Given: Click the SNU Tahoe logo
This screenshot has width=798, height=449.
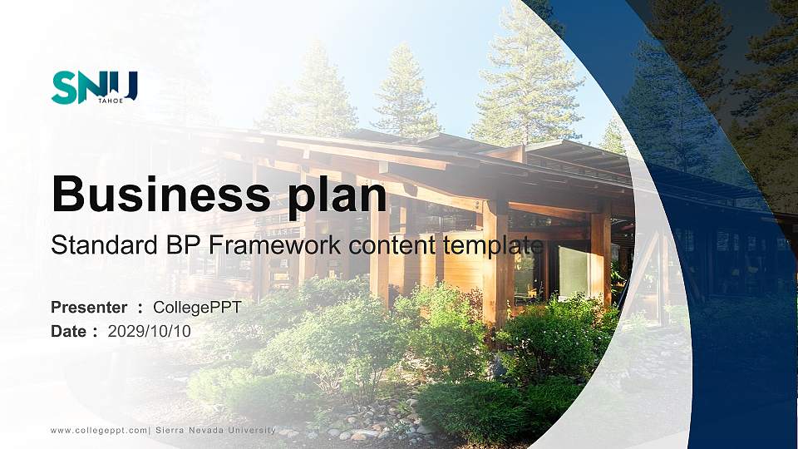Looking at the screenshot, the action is pos(95,87).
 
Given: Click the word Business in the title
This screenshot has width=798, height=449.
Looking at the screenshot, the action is pos(160,194).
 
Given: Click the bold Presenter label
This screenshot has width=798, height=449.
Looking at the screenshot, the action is pos(89,308).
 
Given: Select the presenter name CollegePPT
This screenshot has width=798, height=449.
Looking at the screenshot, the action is pos(197,308).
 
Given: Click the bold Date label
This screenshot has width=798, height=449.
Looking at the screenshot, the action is pos(69,332).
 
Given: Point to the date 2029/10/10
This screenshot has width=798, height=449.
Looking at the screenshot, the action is pos(149,332).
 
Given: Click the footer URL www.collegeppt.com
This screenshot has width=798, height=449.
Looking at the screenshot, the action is pos(99,430).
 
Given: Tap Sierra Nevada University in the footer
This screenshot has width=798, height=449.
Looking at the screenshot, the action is pos(215,430).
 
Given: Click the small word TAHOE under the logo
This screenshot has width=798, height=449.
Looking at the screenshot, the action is pos(111,101).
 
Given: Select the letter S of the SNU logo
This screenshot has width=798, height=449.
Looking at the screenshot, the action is pos(64,87).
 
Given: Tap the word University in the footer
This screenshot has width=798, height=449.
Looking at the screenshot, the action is pos(251,430).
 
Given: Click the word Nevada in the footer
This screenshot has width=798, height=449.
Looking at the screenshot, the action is pos(206,430).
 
